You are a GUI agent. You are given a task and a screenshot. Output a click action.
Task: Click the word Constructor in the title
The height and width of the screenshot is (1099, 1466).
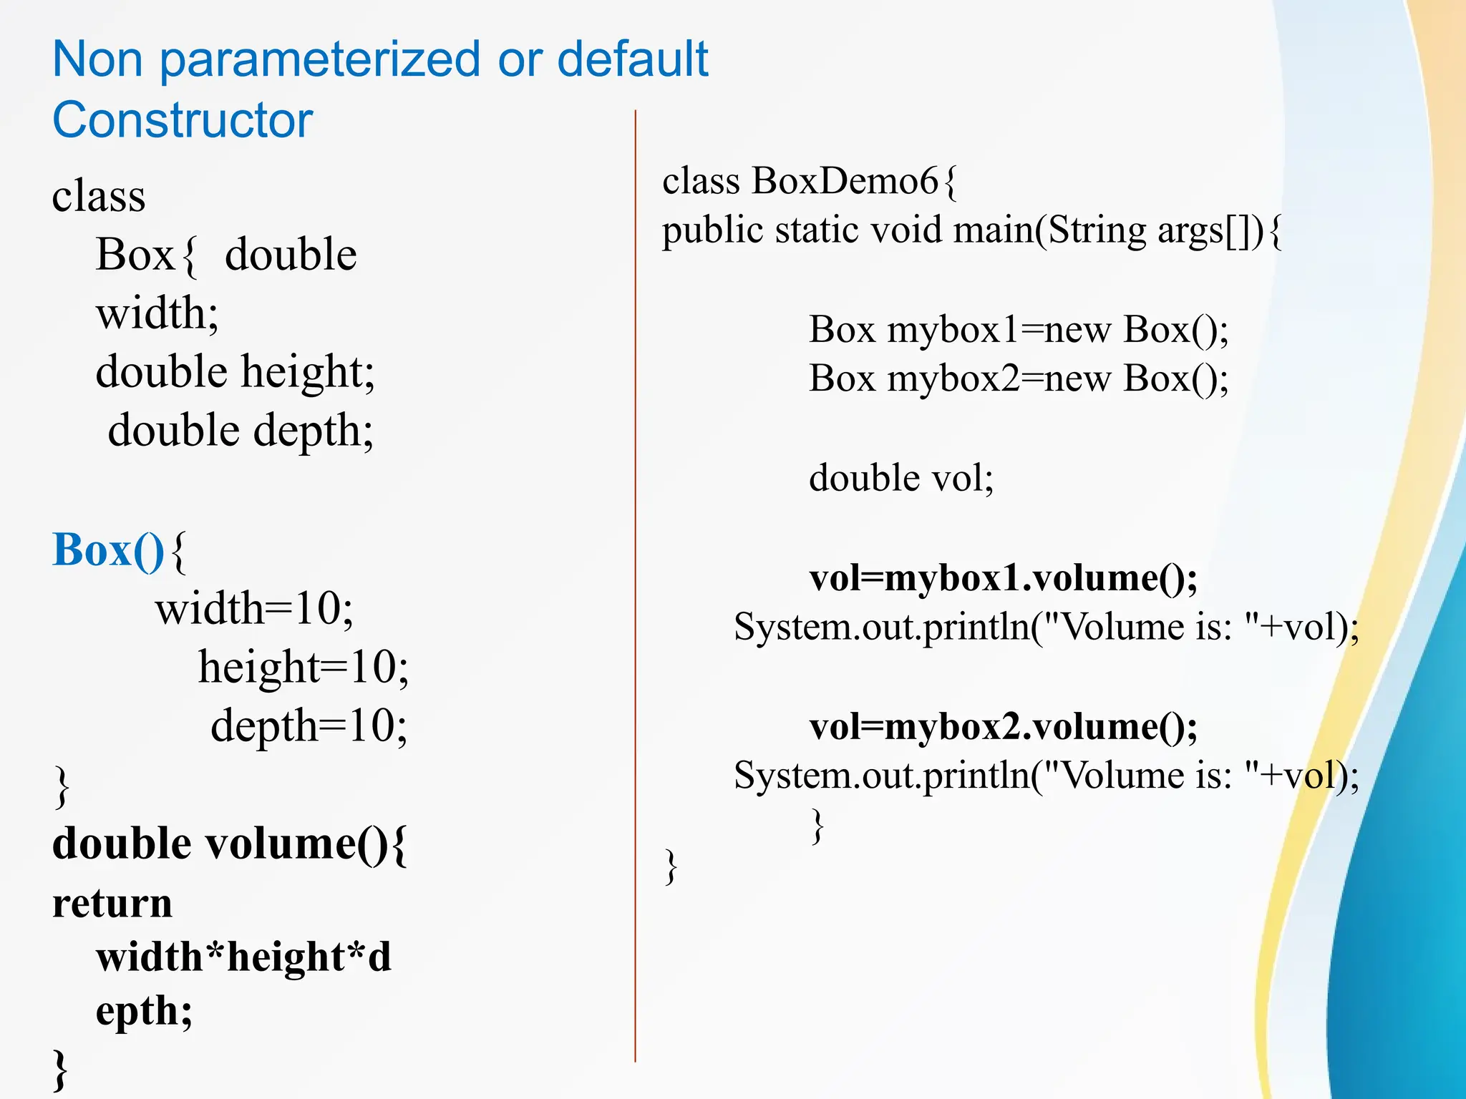tap(183, 120)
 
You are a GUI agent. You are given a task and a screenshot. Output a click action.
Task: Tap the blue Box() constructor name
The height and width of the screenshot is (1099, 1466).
tap(109, 550)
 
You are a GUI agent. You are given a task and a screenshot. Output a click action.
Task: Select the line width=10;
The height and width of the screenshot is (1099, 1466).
tap(254, 609)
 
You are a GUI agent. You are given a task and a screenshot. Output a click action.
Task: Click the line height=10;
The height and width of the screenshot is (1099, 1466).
tap(304, 668)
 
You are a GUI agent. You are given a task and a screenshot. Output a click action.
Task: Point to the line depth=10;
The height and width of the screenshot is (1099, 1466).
tap(309, 726)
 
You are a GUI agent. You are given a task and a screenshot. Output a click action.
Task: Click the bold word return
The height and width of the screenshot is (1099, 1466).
tap(112, 903)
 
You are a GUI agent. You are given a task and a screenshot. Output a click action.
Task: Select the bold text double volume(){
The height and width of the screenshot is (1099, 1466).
tap(230, 844)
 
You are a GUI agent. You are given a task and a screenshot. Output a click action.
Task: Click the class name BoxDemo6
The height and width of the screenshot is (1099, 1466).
tap(845, 181)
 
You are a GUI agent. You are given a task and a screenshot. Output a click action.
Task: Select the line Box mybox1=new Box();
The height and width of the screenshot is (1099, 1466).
tap(1019, 330)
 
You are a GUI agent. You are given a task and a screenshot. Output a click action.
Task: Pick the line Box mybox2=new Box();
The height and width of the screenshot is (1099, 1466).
tap(1019, 378)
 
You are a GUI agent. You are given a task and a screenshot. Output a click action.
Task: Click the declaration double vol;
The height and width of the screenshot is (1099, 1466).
tap(901, 478)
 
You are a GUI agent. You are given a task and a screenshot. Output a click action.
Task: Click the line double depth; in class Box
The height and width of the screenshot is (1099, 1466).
tap(241, 431)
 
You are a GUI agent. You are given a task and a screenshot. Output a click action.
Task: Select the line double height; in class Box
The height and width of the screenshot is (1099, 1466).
tap(235, 372)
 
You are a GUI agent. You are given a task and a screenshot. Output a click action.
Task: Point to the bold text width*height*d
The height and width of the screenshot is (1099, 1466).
tap(243, 957)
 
